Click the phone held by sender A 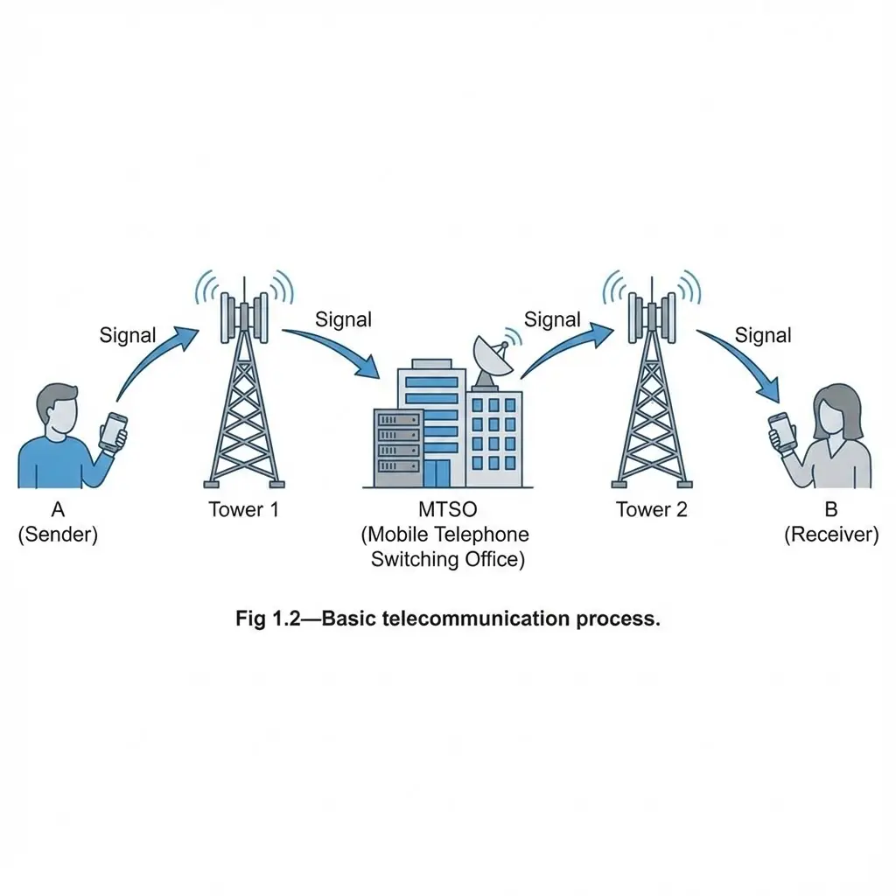113,431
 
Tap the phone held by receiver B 781,431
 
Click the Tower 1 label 243,509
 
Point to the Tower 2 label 652,509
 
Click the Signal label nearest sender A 128,335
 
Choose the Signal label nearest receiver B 763,335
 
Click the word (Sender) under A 58,535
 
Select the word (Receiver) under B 830,535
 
